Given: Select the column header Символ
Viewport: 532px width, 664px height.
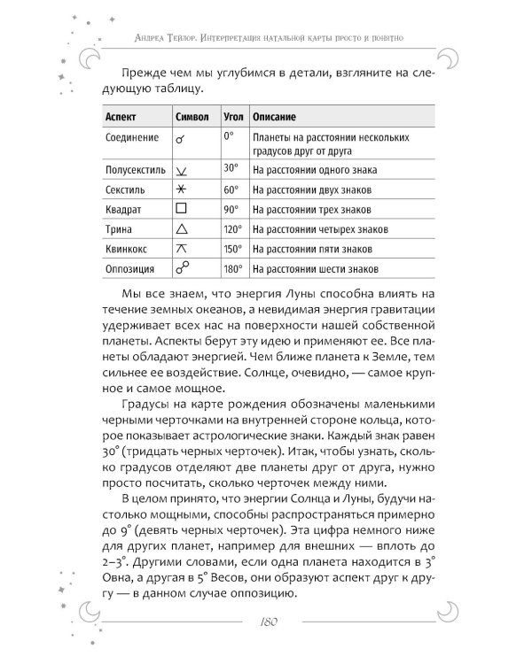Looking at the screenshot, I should click(192, 117).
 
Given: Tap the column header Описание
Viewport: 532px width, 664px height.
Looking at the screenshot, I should click(274, 117).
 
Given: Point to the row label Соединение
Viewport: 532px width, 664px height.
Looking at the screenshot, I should click(132, 139).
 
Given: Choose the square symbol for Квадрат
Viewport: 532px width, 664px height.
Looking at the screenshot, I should click(181, 210).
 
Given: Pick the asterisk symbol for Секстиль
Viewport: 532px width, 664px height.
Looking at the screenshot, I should click(181, 189).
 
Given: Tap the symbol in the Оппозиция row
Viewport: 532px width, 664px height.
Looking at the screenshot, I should click(182, 267).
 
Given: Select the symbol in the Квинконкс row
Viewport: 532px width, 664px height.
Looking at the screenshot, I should click(181, 249).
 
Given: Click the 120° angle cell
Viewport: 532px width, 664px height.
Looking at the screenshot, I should click(231, 229).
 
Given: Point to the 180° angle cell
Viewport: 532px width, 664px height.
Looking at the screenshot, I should click(231, 268).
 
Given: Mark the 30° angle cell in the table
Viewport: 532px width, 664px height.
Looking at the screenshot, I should click(231, 167).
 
